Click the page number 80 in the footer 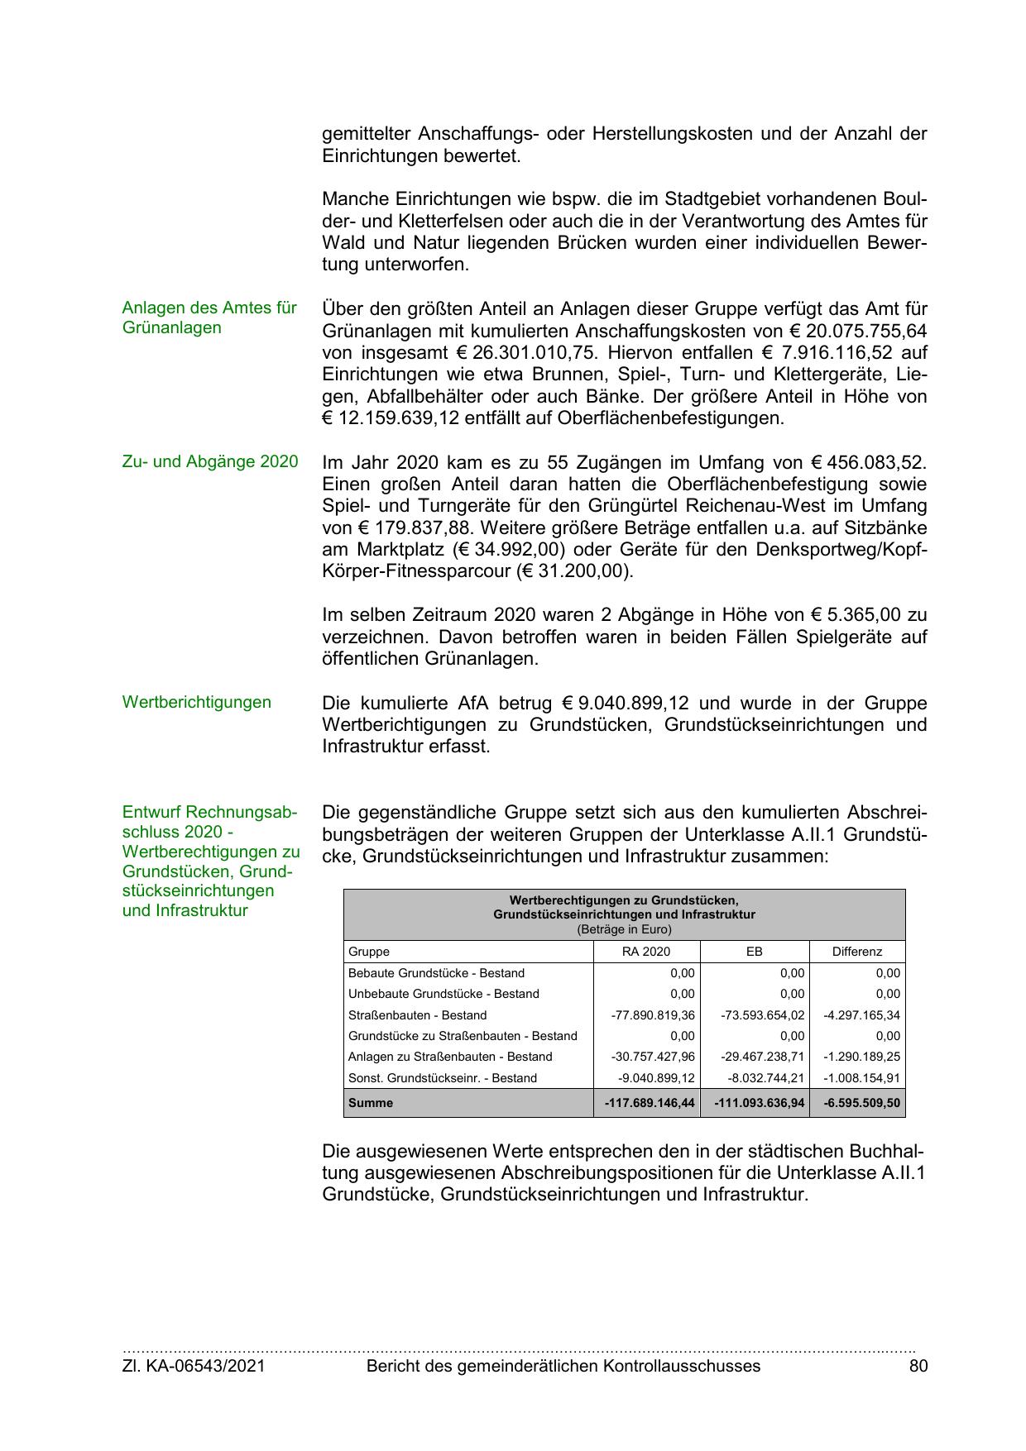pyautogui.click(x=918, y=1366)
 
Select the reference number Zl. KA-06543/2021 pyautogui.click(x=194, y=1366)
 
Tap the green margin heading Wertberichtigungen pyautogui.click(x=196, y=702)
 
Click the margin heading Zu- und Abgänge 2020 pyautogui.click(x=209, y=461)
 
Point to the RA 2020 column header pyautogui.click(x=646, y=952)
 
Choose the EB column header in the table pyautogui.click(x=754, y=952)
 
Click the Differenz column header pyautogui.click(x=857, y=952)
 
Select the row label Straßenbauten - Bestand pyautogui.click(x=417, y=1015)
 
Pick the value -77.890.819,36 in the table pyautogui.click(x=653, y=1015)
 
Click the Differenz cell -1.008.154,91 pyautogui.click(x=861, y=1078)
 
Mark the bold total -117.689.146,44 pyautogui.click(x=650, y=1103)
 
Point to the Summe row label pyautogui.click(x=371, y=1103)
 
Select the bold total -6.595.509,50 pyautogui.click(x=861, y=1103)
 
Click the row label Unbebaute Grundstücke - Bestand pyautogui.click(x=443, y=994)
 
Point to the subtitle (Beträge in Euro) pyautogui.click(x=624, y=929)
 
